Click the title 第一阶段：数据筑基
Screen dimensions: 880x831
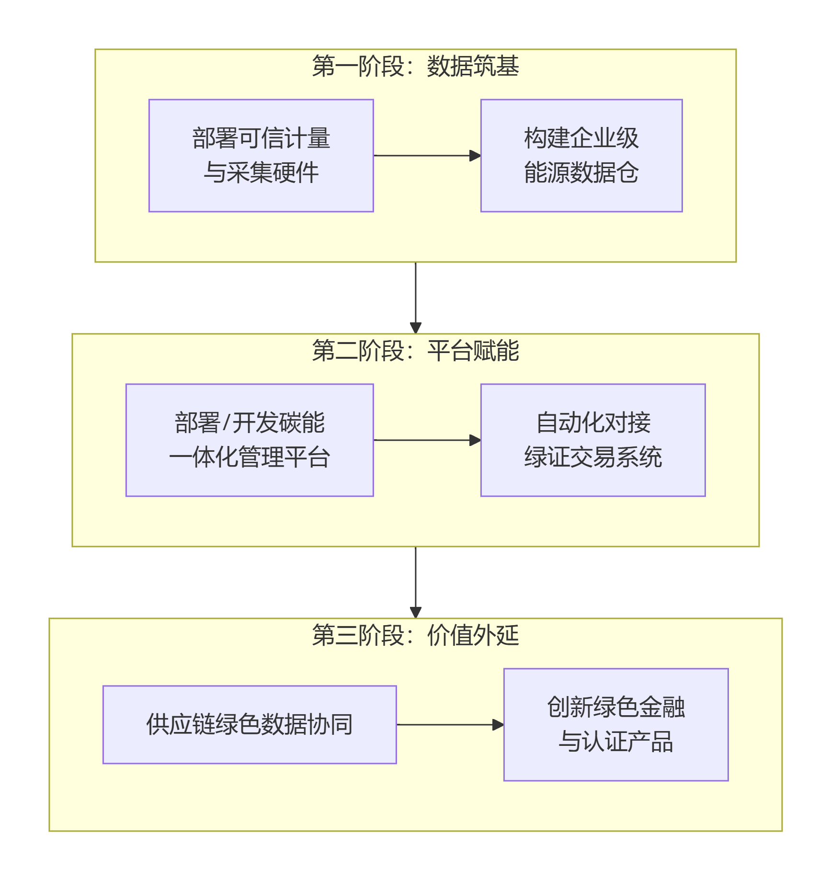click(x=415, y=66)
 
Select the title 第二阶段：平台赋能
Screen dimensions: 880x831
click(x=415, y=351)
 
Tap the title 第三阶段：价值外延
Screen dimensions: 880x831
click(x=415, y=635)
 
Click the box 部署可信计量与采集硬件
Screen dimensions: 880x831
click(x=261, y=155)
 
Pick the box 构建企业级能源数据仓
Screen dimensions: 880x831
click(x=581, y=155)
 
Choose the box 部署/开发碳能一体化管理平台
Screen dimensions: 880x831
click(x=250, y=440)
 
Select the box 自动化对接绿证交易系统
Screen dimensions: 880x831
click(x=592, y=440)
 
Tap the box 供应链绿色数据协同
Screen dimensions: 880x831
click(x=250, y=724)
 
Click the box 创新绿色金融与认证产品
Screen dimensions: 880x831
click(x=615, y=724)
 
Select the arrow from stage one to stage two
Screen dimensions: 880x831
click(x=415, y=297)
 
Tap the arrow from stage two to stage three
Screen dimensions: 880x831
click(x=415, y=582)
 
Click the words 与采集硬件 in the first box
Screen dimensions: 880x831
click(x=261, y=172)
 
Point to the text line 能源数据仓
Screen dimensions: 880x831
click(x=581, y=172)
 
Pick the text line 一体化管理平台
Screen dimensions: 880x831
click(x=250, y=457)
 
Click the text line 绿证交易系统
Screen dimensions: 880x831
click(x=592, y=457)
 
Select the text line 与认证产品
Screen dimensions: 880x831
click(x=615, y=742)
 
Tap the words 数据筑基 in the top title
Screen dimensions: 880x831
click(x=473, y=66)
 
